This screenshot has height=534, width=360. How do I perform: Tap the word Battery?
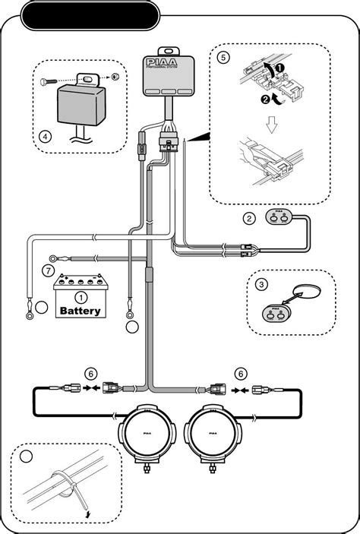(x=80, y=311)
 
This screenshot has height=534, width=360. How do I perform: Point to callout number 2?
(x=249, y=219)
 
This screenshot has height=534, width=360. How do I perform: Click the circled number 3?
(x=261, y=285)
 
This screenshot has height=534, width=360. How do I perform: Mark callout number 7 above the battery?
(x=46, y=270)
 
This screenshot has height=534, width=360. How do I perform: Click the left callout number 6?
(x=90, y=374)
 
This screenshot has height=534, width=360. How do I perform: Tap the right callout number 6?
(x=241, y=374)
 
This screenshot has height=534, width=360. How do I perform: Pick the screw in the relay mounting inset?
(x=53, y=79)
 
